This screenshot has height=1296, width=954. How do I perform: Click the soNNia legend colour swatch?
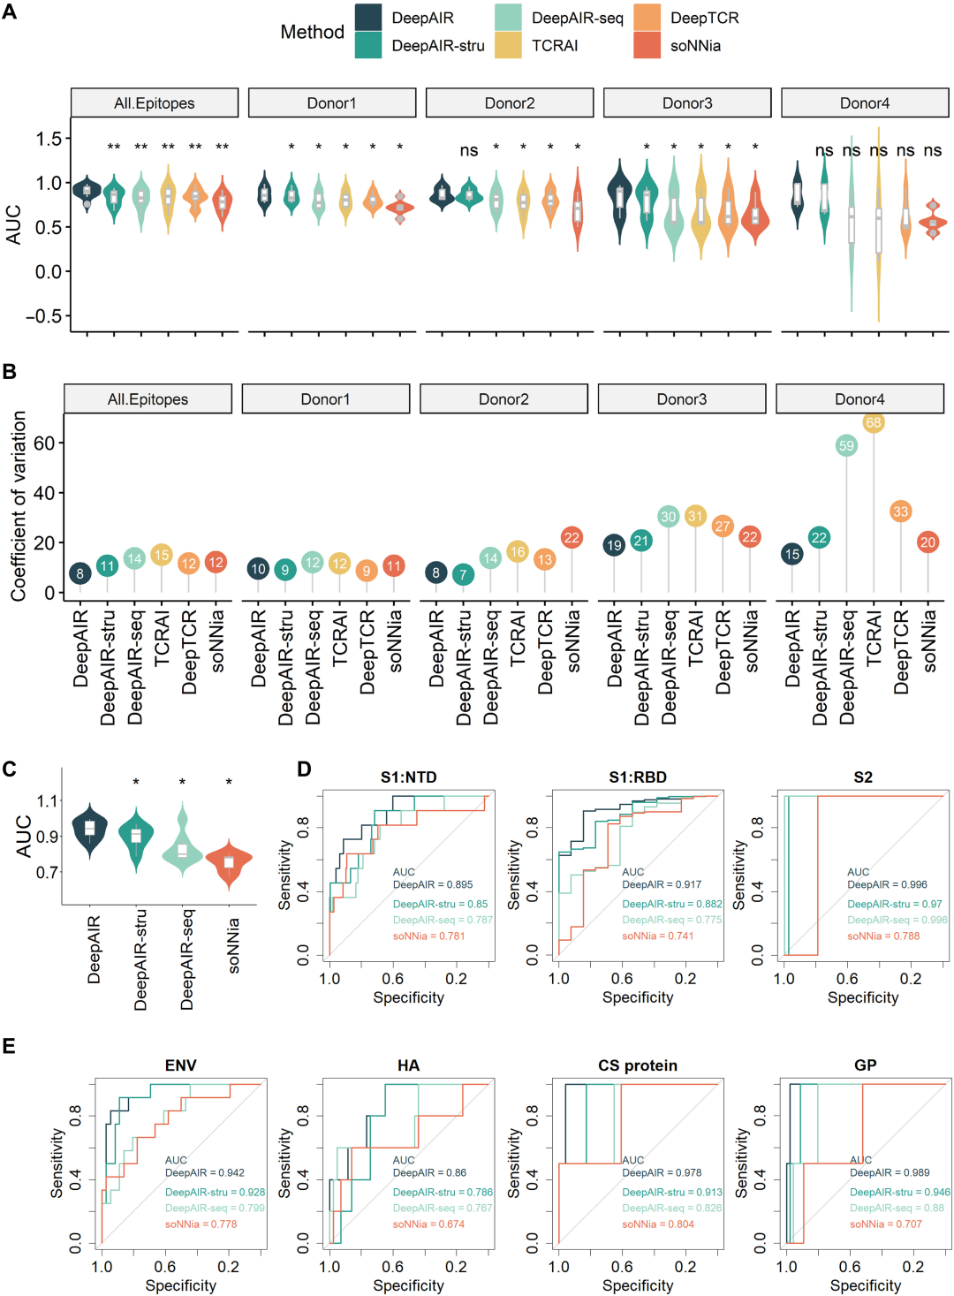(647, 45)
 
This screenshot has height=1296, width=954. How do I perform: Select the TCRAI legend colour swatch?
(508, 45)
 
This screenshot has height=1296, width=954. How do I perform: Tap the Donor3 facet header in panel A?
(687, 102)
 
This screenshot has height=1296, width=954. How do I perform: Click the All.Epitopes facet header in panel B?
(148, 399)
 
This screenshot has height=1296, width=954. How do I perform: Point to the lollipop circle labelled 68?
(874, 422)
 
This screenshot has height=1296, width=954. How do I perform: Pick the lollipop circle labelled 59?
(846, 445)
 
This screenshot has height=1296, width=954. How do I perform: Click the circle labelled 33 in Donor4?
(900, 511)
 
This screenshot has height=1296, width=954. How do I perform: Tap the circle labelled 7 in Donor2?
(463, 574)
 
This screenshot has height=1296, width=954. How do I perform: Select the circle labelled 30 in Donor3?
(668, 517)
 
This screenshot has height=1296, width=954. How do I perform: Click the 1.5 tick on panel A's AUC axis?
(49, 139)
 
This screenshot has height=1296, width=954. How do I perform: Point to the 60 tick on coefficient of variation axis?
(44, 443)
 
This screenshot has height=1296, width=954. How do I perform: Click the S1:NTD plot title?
(408, 777)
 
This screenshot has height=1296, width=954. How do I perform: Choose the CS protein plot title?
(638, 1065)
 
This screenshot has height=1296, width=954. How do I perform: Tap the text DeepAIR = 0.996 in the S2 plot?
(887, 884)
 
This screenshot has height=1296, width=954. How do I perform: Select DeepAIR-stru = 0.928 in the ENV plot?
(215, 1192)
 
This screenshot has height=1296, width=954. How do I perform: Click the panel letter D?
(304, 769)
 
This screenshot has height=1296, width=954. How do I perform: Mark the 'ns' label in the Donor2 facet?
(469, 150)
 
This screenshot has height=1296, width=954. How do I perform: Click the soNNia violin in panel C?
(229, 860)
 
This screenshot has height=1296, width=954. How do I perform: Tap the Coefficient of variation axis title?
(19, 506)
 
